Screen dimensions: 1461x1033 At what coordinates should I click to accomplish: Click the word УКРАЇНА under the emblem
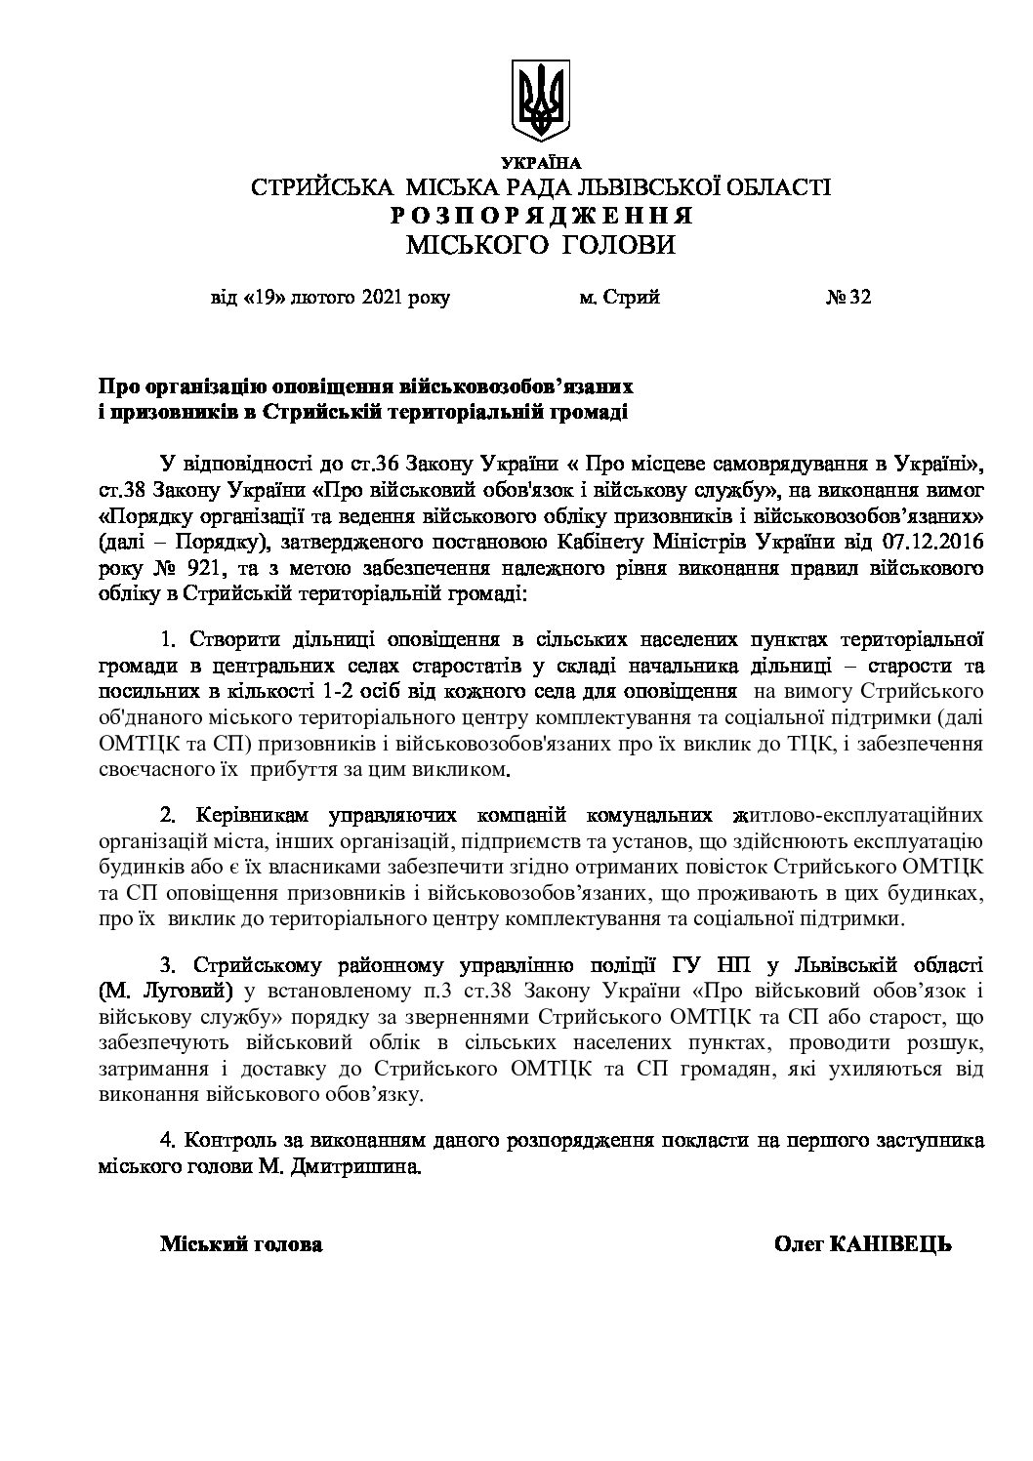[540, 163]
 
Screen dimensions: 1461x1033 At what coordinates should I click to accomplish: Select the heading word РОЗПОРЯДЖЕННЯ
[540, 216]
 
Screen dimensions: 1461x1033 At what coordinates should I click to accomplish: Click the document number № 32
[847, 298]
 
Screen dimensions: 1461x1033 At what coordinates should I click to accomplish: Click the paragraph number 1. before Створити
[167, 640]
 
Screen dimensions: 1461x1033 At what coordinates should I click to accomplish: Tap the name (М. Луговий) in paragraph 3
[165, 992]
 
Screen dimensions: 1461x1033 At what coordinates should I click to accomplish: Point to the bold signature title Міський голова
[241, 1244]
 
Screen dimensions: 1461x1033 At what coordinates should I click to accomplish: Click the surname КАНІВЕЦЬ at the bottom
[890, 1244]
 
